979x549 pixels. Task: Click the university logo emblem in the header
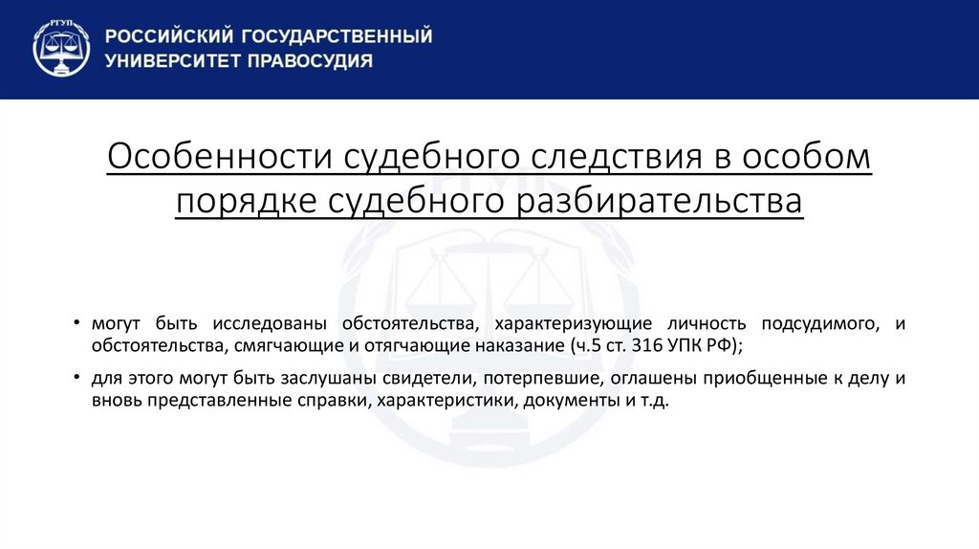(61, 48)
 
